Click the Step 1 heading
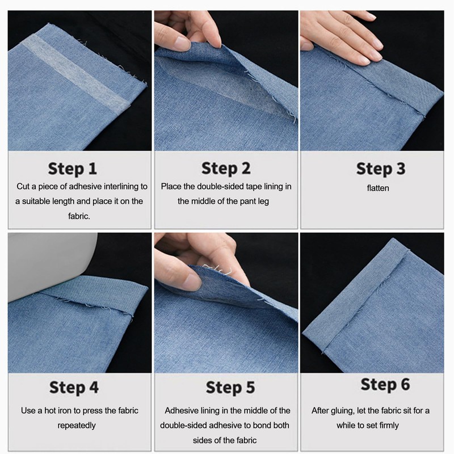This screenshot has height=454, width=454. [73, 169]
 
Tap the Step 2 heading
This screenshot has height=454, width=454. [226, 169]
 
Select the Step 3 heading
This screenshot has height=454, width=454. [381, 169]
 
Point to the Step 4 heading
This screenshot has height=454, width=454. [74, 388]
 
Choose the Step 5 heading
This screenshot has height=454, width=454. [230, 388]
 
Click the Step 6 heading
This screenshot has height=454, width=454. [385, 385]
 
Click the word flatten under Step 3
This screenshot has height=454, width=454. [378, 188]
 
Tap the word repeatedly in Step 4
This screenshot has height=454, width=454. [77, 426]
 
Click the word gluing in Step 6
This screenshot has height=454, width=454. [344, 411]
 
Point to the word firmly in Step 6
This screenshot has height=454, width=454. [389, 425]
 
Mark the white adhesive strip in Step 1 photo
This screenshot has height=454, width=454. [76, 73]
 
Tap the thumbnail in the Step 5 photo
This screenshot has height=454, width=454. [192, 281]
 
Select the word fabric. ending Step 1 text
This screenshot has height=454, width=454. [79, 216]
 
